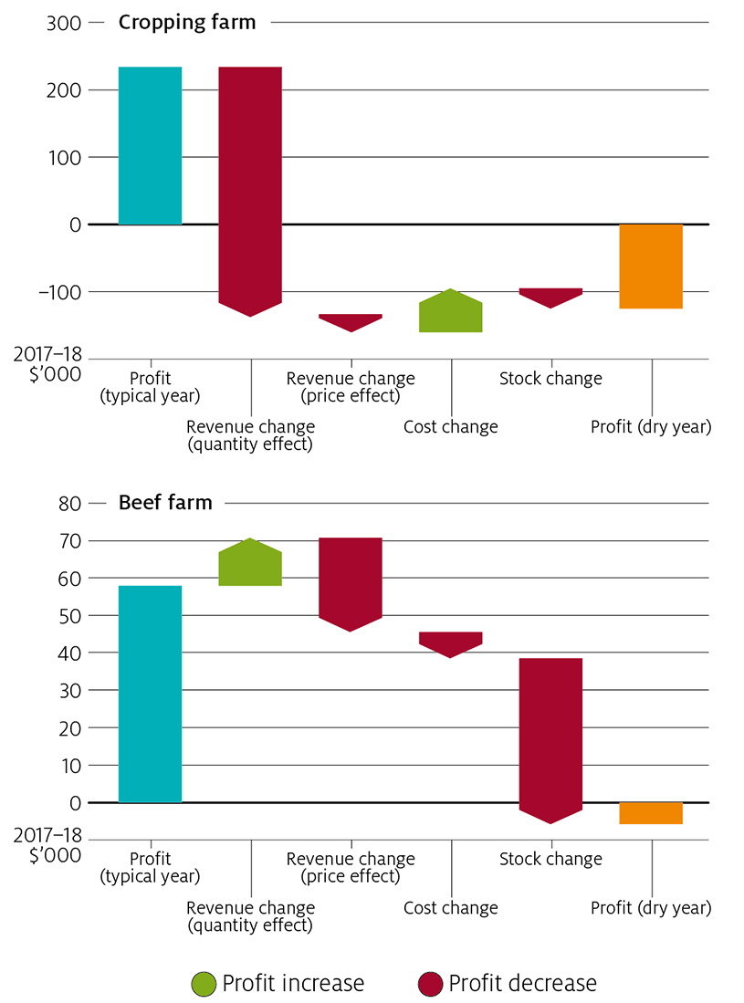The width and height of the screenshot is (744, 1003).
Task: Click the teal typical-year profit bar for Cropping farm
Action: click(150, 145)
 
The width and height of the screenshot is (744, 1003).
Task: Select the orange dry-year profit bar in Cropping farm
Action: click(651, 266)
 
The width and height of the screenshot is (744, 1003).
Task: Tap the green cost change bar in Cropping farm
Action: click(451, 312)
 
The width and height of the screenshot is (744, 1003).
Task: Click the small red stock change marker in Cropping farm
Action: click(551, 297)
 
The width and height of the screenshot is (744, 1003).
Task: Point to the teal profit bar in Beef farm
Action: click(150, 694)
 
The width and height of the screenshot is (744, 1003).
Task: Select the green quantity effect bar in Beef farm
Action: click(250, 564)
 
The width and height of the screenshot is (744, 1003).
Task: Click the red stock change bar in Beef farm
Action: click(551, 735)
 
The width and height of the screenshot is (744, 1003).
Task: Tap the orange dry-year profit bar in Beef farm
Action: click(651, 812)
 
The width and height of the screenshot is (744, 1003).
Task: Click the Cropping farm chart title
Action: click(187, 22)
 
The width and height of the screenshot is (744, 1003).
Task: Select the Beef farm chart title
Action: click(165, 502)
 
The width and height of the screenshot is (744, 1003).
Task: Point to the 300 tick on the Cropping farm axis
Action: click(62, 23)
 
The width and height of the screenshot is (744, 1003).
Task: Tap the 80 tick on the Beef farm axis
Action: click(70, 503)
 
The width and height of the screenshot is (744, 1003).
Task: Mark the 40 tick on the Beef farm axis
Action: click(70, 653)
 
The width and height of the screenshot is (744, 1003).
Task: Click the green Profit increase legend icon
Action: click(203, 983)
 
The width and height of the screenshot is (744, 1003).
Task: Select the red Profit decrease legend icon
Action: click(430, 983)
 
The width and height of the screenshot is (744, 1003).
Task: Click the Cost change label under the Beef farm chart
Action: click(451, 907)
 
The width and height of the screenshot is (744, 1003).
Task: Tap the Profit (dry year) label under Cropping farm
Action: click(651, 426)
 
